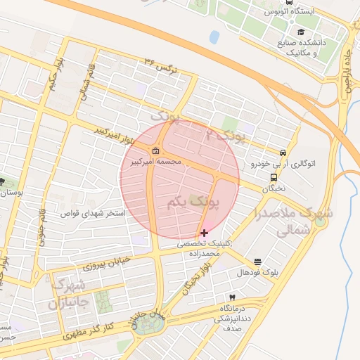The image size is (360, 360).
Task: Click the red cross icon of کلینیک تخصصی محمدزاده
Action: click(x=205, y=232)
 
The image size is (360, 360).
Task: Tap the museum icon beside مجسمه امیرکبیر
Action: click(x=155, y=151)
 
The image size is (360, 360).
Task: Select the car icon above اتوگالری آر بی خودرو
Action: click(x=283, y=153)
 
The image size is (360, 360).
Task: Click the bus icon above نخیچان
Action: click(x=274, y=178)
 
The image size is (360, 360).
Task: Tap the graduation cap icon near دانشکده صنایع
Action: click(x=301, y=32)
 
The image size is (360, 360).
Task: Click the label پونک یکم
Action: click(x=194, y=202)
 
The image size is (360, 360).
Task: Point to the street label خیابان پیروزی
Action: click(x=108, y=263)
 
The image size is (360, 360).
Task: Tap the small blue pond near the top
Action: click(x=214, y=37)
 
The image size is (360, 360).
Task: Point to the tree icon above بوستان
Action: click(x=2, y=181)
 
